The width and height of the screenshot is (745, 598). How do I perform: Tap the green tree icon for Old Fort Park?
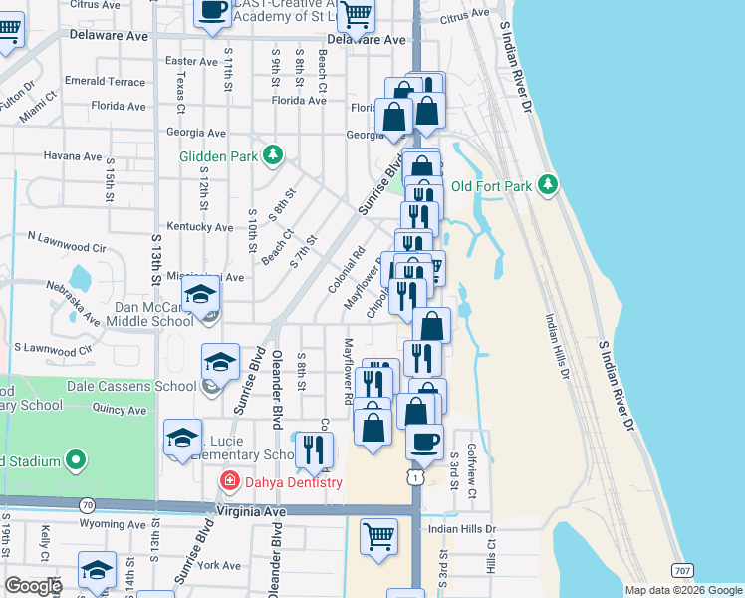[x=547, y=184]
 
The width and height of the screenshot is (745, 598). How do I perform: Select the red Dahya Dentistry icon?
[x=230, y=482]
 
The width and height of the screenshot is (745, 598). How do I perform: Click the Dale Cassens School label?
[x=131, y=386]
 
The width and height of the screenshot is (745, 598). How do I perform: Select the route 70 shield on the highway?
[x=87, y=504]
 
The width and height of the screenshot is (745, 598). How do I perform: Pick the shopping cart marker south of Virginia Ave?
[x=378, y=537]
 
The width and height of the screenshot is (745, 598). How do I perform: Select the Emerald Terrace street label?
[x=105, y=81]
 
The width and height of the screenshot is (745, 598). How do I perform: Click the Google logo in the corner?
[x=33, y=585]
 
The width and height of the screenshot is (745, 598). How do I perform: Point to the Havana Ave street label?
[x=73, y=156]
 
